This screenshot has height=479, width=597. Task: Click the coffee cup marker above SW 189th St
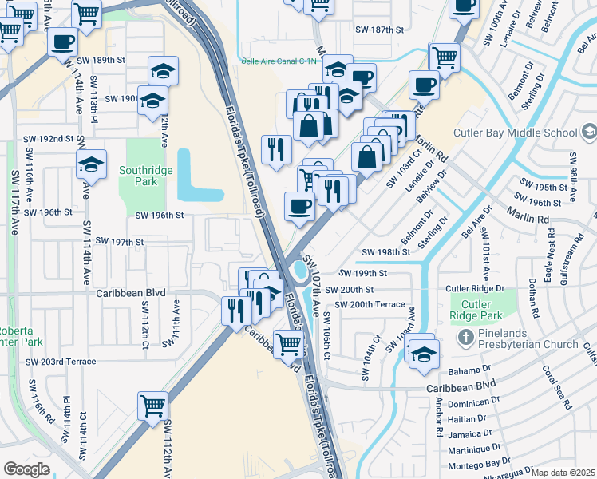point(62,42)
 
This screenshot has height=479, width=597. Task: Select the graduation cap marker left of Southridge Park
point(92,164)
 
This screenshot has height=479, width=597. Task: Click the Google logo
point(26,469)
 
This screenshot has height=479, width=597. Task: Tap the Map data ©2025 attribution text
point(563,473)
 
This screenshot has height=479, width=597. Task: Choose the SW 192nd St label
point(47,138)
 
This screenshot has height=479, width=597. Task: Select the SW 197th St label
point(119,241)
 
